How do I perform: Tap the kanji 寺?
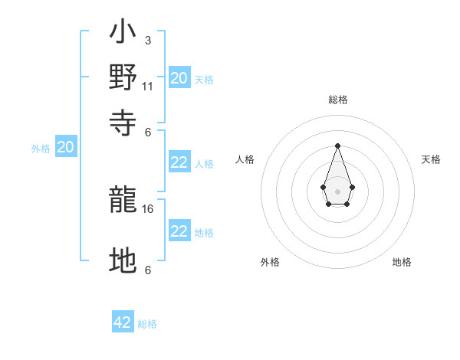[123, 120]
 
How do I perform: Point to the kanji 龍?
[123, 200]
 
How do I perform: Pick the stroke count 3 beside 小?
[147, 40]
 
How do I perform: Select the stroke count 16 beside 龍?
[149, 208]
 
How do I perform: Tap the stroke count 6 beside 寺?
[147, 131]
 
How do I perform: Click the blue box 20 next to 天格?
[179, 77]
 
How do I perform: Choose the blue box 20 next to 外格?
[65, 147]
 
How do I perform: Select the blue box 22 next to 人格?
[179, 162]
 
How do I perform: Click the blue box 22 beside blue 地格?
[179, 231]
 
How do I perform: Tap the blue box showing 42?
[123, 322]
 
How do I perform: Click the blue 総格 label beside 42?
[147, 324]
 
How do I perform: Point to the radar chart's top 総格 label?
[338, 100]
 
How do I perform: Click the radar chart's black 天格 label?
[432, 159]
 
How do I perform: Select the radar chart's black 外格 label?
[270, 262]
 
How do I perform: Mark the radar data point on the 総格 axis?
[337, 146]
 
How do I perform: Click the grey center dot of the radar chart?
[337, 190]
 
